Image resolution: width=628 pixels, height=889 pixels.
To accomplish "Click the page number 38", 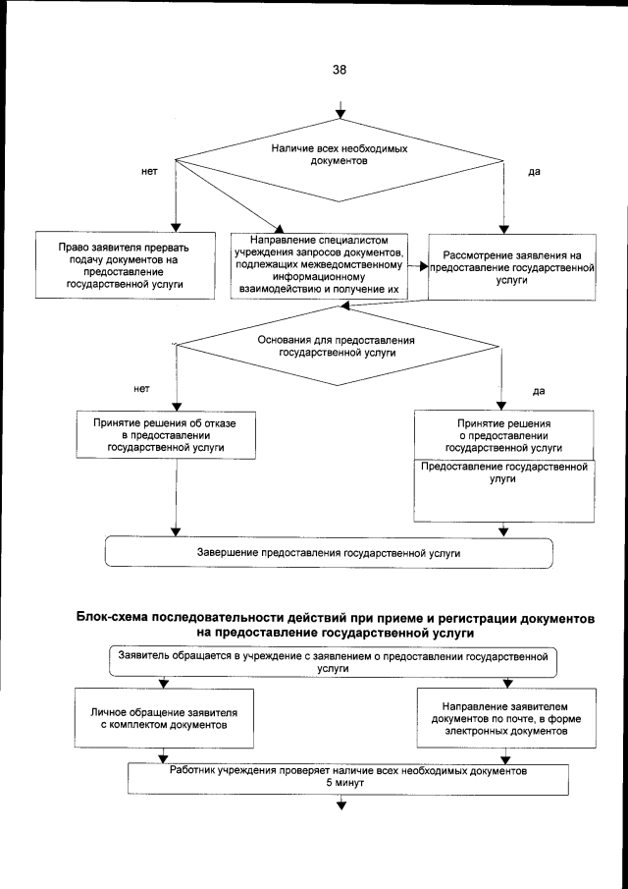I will coord(340,70).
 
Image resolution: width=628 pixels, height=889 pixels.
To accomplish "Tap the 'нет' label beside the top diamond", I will coord(150,172).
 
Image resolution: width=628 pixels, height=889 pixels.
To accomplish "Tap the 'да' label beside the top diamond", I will coord(535,172).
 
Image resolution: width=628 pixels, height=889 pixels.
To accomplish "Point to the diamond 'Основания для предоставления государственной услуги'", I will coord(337,344).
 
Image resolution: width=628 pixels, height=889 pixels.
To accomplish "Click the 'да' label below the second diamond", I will coord(539,390).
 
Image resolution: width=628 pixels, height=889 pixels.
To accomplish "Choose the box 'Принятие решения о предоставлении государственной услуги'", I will coord(502,433).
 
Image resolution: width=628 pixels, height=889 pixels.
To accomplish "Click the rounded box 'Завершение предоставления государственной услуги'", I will coord(329,554).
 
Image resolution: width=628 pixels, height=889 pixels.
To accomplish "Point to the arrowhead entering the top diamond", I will coord(340,120).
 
